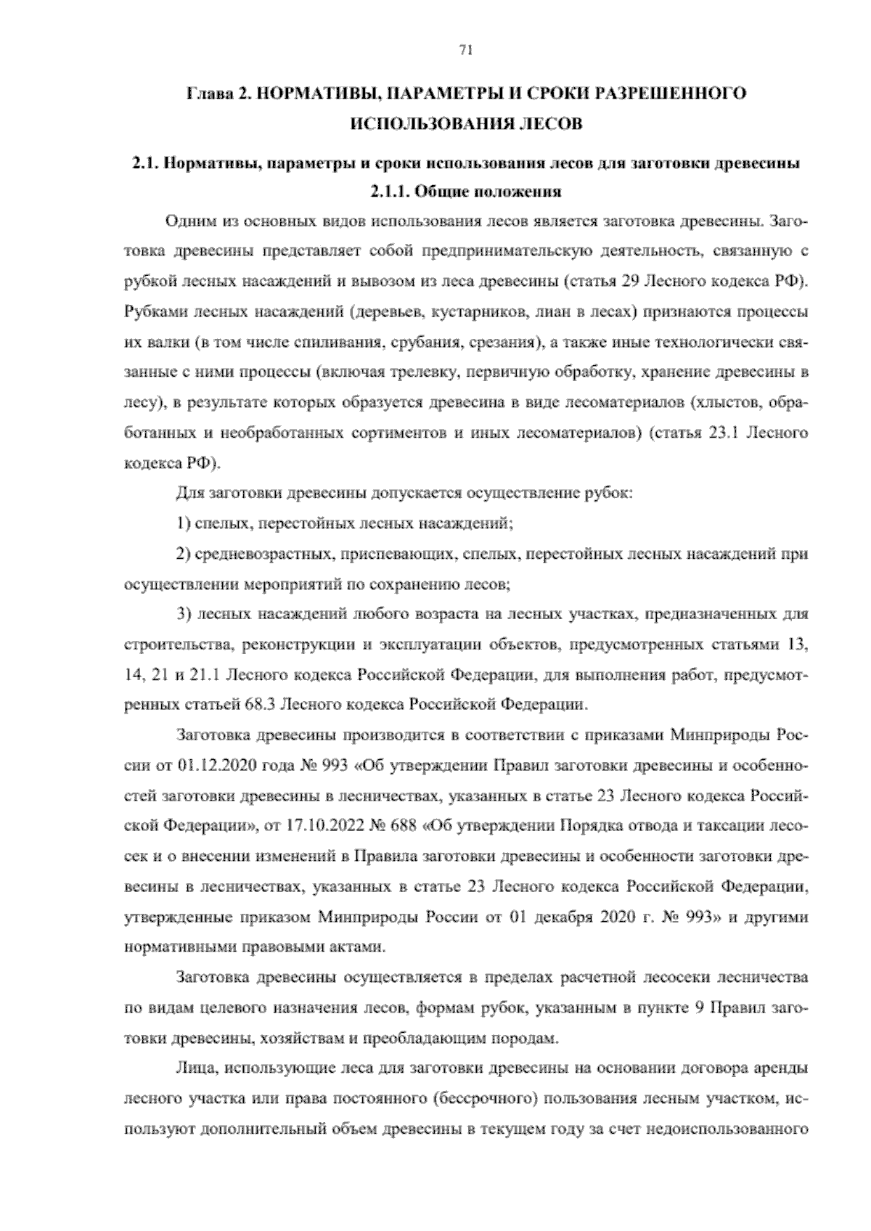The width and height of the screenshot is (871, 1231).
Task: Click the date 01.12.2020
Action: (x=212, y=765)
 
